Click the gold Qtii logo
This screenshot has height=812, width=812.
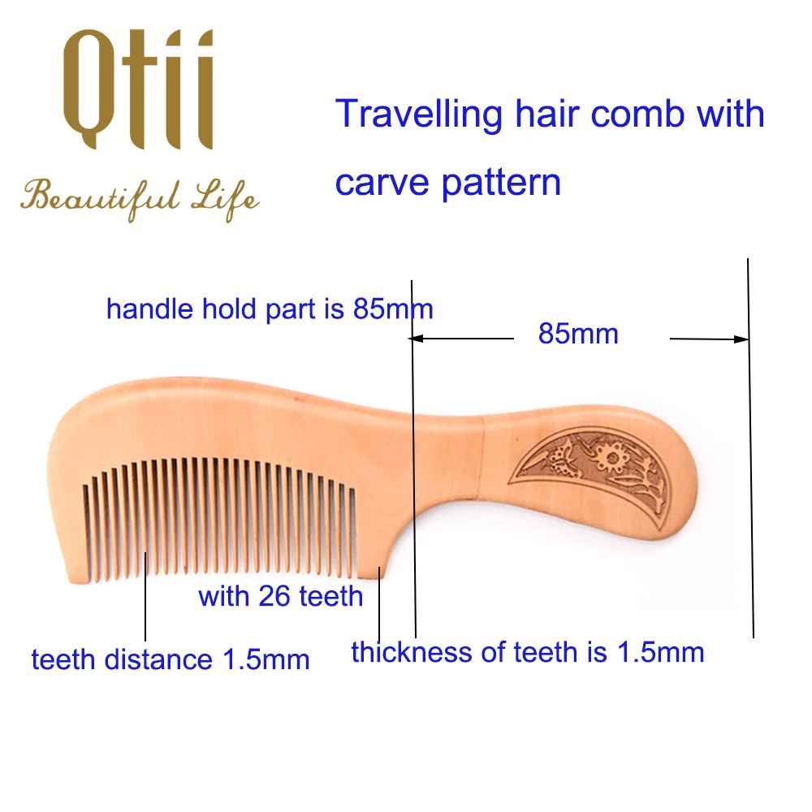[138, 89]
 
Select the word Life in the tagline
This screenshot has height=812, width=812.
[225, 199]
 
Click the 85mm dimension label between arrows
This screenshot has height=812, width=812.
[578, 334]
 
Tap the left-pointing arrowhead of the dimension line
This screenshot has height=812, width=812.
[416, 339]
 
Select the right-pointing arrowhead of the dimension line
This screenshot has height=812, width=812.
[741, 339]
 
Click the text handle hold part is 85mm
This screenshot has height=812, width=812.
[270, 309]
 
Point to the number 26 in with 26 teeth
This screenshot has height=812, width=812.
[274, 596]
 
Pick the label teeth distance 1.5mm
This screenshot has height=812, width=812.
[171, 659]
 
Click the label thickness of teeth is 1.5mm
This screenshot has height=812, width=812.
[528, 652]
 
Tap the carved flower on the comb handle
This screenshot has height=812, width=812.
[612, 456]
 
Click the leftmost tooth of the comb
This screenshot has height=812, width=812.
[85, 531]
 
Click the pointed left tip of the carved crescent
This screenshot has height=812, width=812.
[509, 482]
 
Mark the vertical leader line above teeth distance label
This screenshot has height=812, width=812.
[145, 597]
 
